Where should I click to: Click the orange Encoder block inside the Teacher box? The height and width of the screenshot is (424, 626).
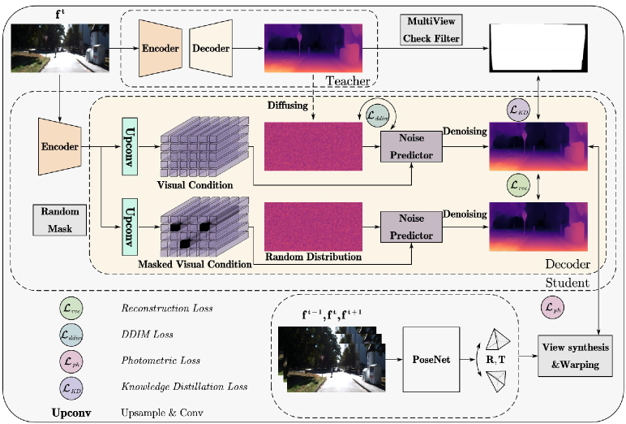(x=160, y=47)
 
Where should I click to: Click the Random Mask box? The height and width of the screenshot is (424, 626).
(x=54, y=219)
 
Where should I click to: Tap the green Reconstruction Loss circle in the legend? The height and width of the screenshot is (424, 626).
(x=71, y=309)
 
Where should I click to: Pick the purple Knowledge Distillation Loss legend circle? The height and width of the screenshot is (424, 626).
(x=71, y=387)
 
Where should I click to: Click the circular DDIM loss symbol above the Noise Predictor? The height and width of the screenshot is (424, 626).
(x=378, y=115)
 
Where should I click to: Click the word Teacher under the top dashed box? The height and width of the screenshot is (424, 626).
(x=347, y=80)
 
